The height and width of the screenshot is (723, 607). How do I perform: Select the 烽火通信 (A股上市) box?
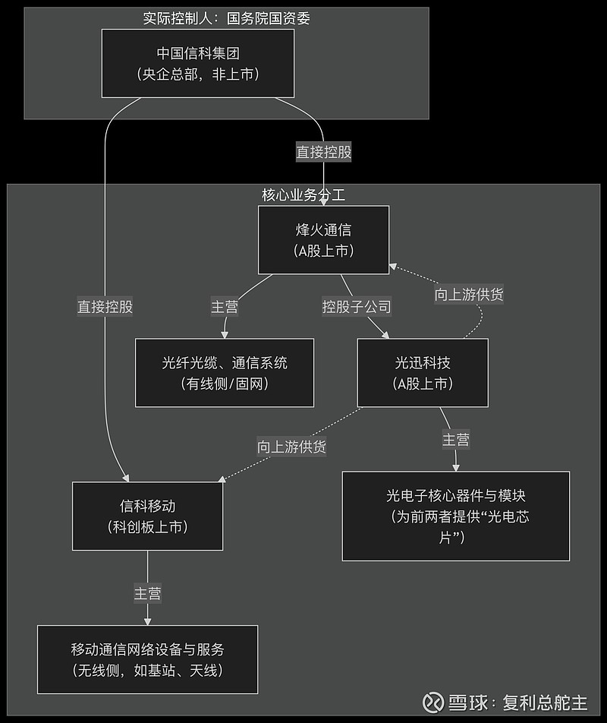point(323,239)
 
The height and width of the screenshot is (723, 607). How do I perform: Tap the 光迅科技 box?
point(423,372)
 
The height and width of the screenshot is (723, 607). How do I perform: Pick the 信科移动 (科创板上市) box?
point(147,516)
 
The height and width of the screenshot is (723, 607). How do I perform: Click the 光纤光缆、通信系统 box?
point(225,372)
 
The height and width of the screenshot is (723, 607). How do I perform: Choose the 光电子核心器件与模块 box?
point(455,516)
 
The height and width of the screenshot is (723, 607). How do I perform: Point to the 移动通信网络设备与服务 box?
point(147,660)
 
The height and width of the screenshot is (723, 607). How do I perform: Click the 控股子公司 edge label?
point(357,307)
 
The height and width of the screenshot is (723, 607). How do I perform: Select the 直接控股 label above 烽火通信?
point(323,152)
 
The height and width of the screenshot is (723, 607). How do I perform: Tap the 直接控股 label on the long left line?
point(105,307)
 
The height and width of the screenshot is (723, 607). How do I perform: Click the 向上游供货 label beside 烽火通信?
point(469,295)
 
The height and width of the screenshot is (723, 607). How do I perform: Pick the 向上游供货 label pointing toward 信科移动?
point(291,447)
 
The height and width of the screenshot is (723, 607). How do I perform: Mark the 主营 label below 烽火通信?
point(224,307)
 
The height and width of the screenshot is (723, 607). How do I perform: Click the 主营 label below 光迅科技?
point(456,439)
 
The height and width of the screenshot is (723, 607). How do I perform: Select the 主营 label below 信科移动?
point(147,593)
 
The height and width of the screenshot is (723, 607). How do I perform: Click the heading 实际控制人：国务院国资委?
point(226,18)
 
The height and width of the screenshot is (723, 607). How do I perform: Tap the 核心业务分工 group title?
point(303,194)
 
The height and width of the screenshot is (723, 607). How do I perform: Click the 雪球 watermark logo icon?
point(434,701)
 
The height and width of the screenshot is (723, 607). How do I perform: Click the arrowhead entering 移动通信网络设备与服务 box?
point(147,620)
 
